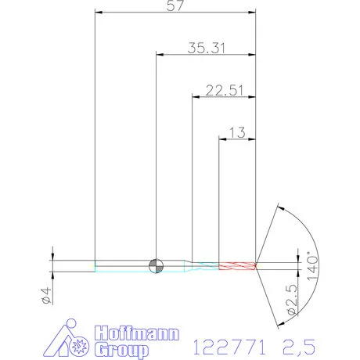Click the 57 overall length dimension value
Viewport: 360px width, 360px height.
pyautogui.click(x=175, y=5)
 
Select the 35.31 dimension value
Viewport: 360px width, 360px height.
pyautogui.click(x=206, y=48)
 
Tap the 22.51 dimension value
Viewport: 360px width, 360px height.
pyautogui.click(x=225, y=90)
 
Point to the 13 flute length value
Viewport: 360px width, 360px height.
pyautogui.click(x=237, y=132)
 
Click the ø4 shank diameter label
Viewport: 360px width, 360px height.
pyautogui.click(x=46, y=295)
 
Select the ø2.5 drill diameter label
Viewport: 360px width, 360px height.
pyautogui.click(x=292, y=299)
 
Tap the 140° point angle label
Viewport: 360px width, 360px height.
pyautogui.click(x=312, y=266)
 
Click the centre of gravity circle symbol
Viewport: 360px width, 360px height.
pyautogui.click(x=156, y=266)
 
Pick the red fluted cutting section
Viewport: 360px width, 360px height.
pyautogui.click(x=237, y=266)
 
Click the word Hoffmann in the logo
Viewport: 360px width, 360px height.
pyautogui.click(x=137, y=333)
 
